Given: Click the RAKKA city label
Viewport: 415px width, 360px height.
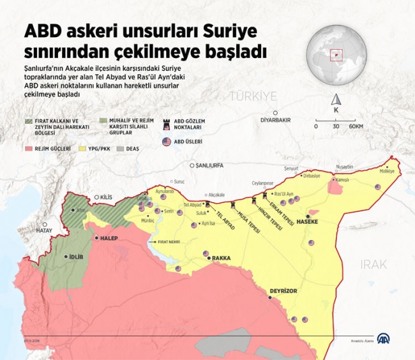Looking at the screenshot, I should (221, 259).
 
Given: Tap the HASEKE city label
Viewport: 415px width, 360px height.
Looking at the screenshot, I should (315, 221).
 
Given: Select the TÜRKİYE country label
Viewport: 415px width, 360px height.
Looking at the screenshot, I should (253, 96).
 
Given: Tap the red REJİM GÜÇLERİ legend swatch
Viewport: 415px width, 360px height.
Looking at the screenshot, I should (29, 148).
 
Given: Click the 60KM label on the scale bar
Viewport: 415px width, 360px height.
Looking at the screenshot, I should (356, 126).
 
